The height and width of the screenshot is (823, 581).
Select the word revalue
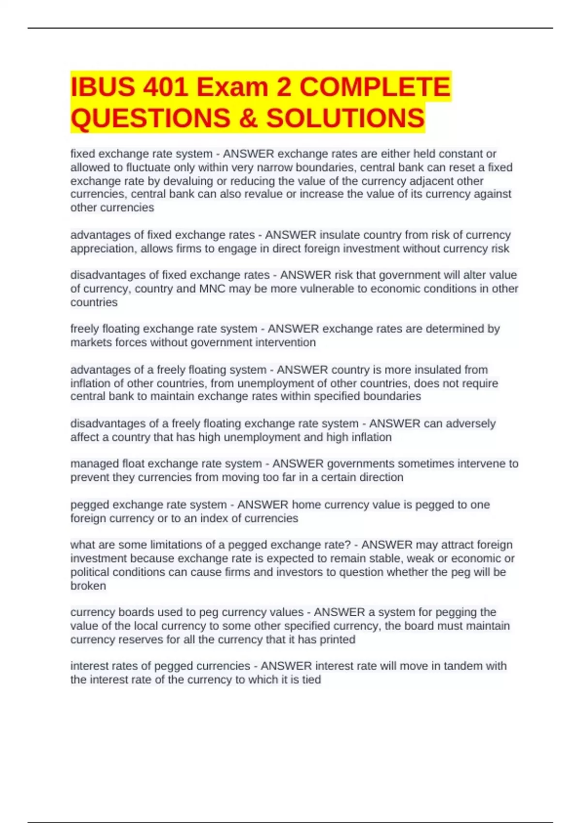click(x=275, y=194)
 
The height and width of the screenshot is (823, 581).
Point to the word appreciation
click(x=102, y=249)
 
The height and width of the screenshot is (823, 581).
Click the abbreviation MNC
click(x=212, y=289)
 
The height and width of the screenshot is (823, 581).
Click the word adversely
click(x=470, y=424)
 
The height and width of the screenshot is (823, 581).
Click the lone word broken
click(x=88, y=586)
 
